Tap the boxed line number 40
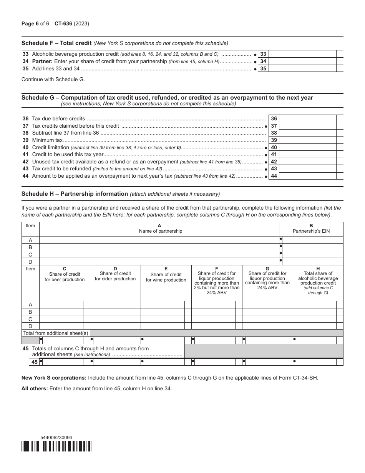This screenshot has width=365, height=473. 274,147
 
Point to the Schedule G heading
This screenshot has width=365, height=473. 167,98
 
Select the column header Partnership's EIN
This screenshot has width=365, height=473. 311,231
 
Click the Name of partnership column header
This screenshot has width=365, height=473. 159,231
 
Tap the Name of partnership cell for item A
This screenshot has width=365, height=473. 159,240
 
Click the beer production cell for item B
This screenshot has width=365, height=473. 61,312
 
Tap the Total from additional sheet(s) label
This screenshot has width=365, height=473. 56,333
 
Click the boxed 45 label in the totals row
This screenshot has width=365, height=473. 35,362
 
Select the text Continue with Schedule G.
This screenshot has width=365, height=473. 53,80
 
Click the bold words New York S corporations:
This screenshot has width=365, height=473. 54,378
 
